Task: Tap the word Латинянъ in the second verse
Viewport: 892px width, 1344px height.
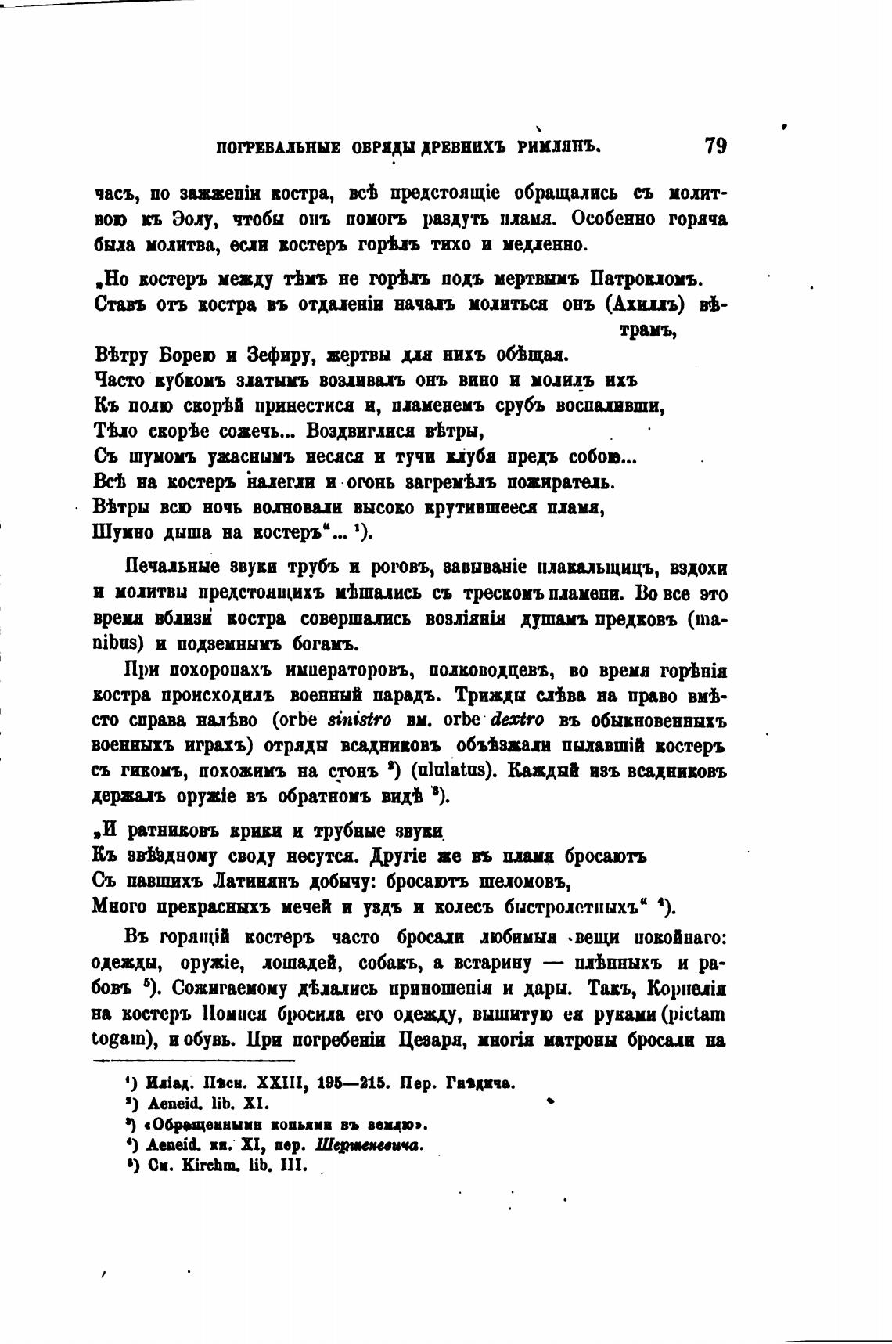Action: [247, 881]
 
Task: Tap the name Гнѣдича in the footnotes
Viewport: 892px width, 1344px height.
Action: [480, 1083]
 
